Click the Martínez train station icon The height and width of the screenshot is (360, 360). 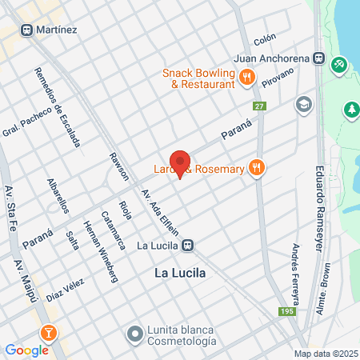[x=26, y=30]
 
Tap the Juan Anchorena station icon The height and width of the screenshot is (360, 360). [x=318, y=58]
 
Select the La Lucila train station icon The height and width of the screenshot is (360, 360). [x=187, y=245]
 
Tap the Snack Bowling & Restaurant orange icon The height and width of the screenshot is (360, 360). [x=246, y=77]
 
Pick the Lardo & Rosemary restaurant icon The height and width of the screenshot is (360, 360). [x=257, y=168]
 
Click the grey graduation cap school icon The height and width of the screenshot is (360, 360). [x=303, y=104]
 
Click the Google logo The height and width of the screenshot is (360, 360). [x=26, y=350]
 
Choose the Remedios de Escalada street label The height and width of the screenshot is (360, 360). [x=57, y=107]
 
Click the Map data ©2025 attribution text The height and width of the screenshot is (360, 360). [x=325, y=354]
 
